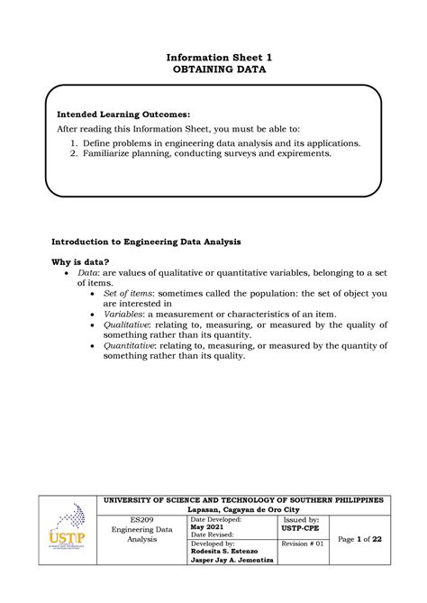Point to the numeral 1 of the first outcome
(74, 142)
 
